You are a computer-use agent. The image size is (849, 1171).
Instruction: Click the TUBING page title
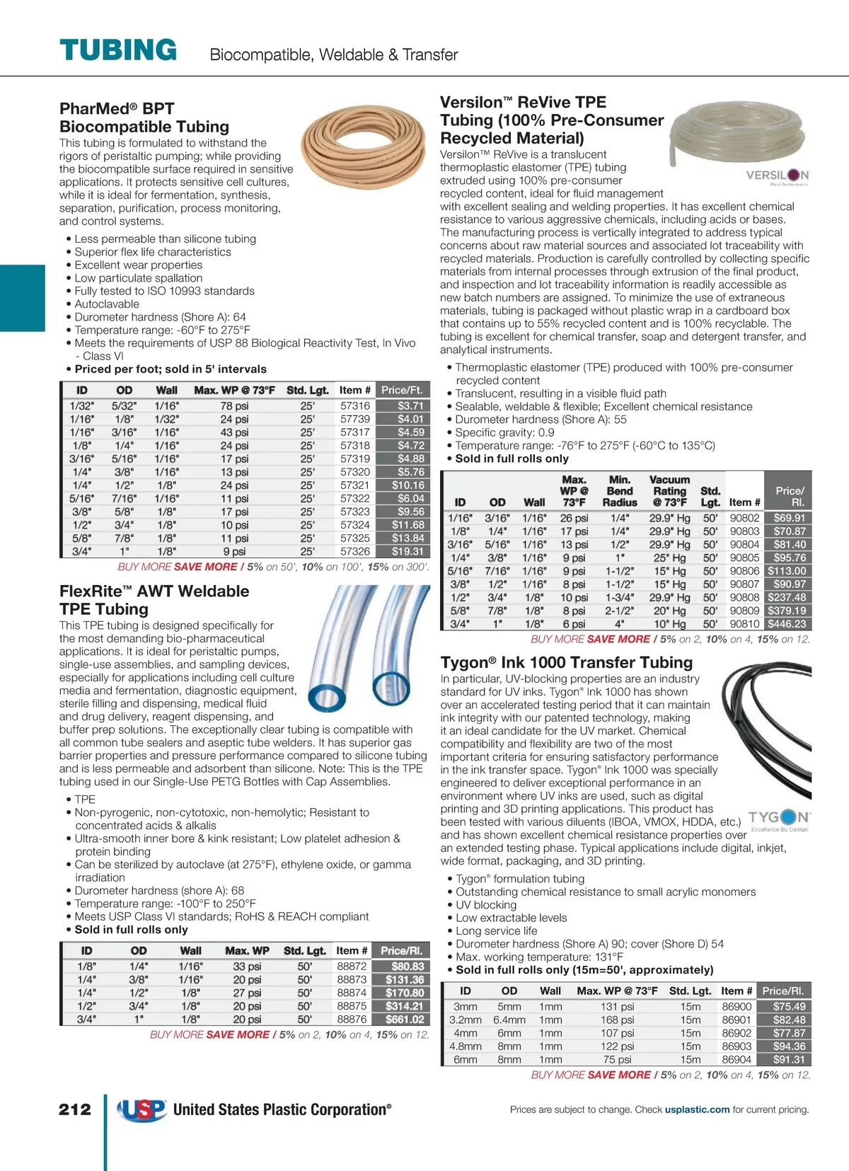pyautogui.click(x=118, y=50)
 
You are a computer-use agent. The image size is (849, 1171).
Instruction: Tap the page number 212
pyautogui.click(x=75, y=1109)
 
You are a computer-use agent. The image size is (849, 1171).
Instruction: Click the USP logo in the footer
pyautogui.click(x=141, y=1109)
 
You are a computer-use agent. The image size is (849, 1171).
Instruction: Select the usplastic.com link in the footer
pyautogui.click(x=697, y=1109)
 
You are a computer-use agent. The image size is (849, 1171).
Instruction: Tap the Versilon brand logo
pyautogui.click(x=778, y=176)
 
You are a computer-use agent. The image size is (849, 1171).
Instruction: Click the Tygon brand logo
pyautogui.click(x=779, y=819)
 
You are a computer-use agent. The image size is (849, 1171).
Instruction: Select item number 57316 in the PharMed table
pyautogui.click(x=355, y=405)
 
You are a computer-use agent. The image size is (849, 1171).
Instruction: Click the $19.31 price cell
pyautogui.click(x=403, y=551)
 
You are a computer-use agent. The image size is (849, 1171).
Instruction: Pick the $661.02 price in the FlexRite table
pyautogui.click(x=404, y=1020)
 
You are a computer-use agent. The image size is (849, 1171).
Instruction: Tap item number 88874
pyautogui.click(x=352, y=993)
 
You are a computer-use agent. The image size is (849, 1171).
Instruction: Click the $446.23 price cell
pyautogui.click(x=787, y=624)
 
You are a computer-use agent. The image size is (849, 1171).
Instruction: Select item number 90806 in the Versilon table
pyautogui.click(x=744, y=571)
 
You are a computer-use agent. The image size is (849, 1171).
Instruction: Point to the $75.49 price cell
pyautogui.click(x=789, y=1006)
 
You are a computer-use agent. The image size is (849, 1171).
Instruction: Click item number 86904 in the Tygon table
pyautogui.click(x=737, y=1060)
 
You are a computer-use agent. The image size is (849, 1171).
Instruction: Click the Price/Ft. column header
pyautogui.click(x=402, y=390)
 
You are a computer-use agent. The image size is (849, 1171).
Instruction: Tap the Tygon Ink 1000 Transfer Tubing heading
pyautogui.click(x=567, y=662)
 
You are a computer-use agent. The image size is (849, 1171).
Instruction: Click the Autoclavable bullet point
pyautogui.click(x=107, y=304)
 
